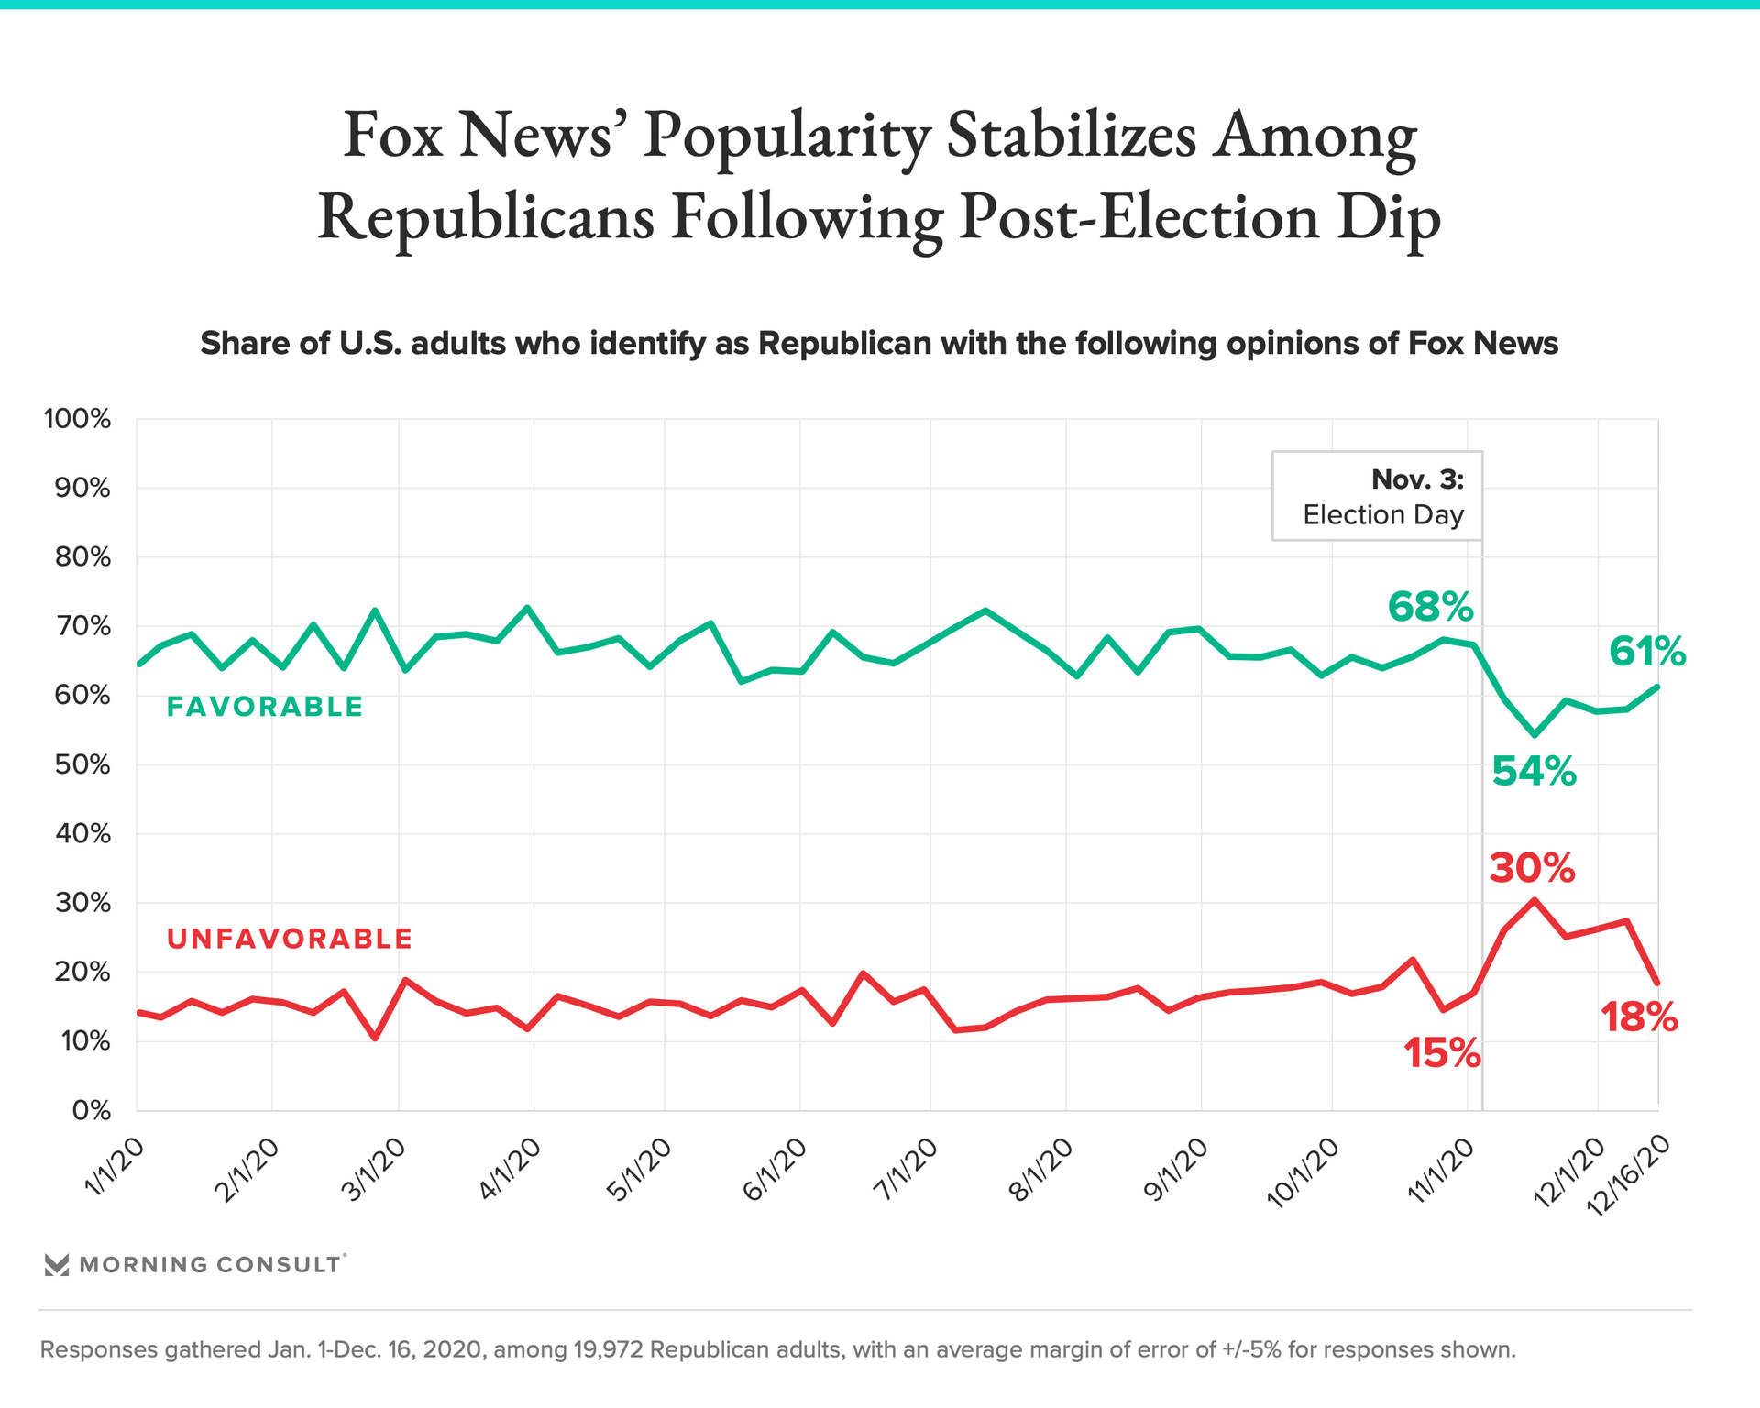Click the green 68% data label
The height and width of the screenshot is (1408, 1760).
pos(1430,607)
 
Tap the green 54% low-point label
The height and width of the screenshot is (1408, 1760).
pos(1534,772)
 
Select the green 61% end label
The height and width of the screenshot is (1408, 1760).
pos(1646,653)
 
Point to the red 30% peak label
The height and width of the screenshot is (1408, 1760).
pos(1532,868)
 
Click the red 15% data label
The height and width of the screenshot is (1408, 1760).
pos(1442,1054)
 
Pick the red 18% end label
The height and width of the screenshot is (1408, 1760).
pos(1639,1018)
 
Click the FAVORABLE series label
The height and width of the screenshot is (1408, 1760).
pos(265,707)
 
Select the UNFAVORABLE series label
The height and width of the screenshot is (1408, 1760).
pos(290,939)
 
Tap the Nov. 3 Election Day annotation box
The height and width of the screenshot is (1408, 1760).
pos(1377,496)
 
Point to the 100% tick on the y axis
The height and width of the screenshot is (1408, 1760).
pos(77,420)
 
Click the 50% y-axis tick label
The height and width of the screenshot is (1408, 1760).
pos(82,765)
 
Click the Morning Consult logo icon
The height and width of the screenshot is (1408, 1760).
pos(57,1265)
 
